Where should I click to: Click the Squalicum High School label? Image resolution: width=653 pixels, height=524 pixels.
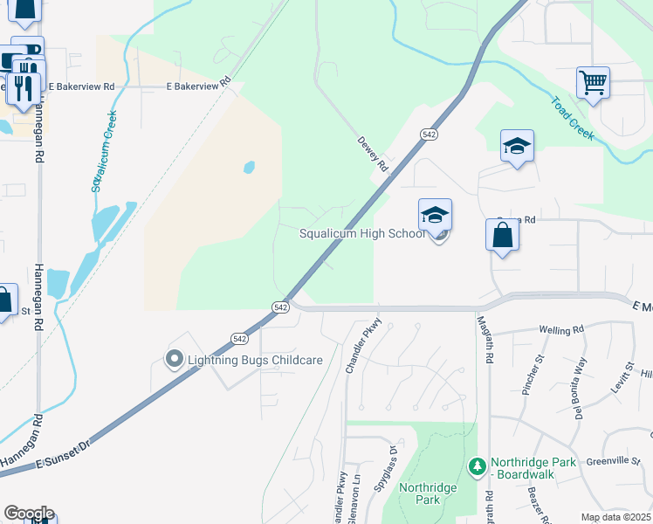(x=362, y=233)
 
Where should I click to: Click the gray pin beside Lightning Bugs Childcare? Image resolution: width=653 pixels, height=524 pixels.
(x=174, y=359)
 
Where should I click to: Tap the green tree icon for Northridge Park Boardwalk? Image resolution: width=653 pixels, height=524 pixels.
(x=477, y=467)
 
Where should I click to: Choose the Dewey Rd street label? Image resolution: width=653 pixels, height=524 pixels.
(x=372, y=154)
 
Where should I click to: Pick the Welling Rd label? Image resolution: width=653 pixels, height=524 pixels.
(x=560, y=330)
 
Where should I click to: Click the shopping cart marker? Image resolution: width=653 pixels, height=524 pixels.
(x=593, y=83)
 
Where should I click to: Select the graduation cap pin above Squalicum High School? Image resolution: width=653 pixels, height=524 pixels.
(x=435, y=215)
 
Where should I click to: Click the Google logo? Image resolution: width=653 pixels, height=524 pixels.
(x=28, y=514)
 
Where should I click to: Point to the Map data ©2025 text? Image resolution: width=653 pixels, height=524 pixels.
(x=616, y=517)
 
